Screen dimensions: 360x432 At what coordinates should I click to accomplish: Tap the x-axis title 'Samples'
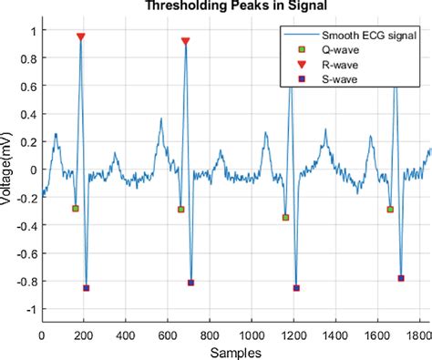click(x=235, y=352)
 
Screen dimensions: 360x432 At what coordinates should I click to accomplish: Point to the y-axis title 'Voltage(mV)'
click(x=8, y=170)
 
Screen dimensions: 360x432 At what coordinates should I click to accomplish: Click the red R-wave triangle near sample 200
click(x=81, y=37)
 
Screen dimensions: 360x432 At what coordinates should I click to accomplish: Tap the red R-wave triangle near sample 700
click(x=186, y=42)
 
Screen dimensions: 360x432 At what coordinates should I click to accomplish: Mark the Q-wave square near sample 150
click(x=76, y=209)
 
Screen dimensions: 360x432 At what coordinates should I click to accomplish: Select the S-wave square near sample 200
click(x=87, y=288)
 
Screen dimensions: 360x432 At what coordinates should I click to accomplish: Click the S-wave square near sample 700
click(x=191, y=283)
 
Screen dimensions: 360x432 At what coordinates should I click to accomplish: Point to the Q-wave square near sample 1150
click(x=285, y=218)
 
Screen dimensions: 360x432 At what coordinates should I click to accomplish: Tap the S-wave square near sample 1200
click(x=296, y=288)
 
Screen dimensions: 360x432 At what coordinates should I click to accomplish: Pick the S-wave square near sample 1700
click(x=401, y=278)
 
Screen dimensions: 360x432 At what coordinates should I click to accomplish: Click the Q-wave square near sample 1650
click(x=390, y=210)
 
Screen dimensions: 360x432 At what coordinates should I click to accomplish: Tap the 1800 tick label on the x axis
click(x=420, y=334)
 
